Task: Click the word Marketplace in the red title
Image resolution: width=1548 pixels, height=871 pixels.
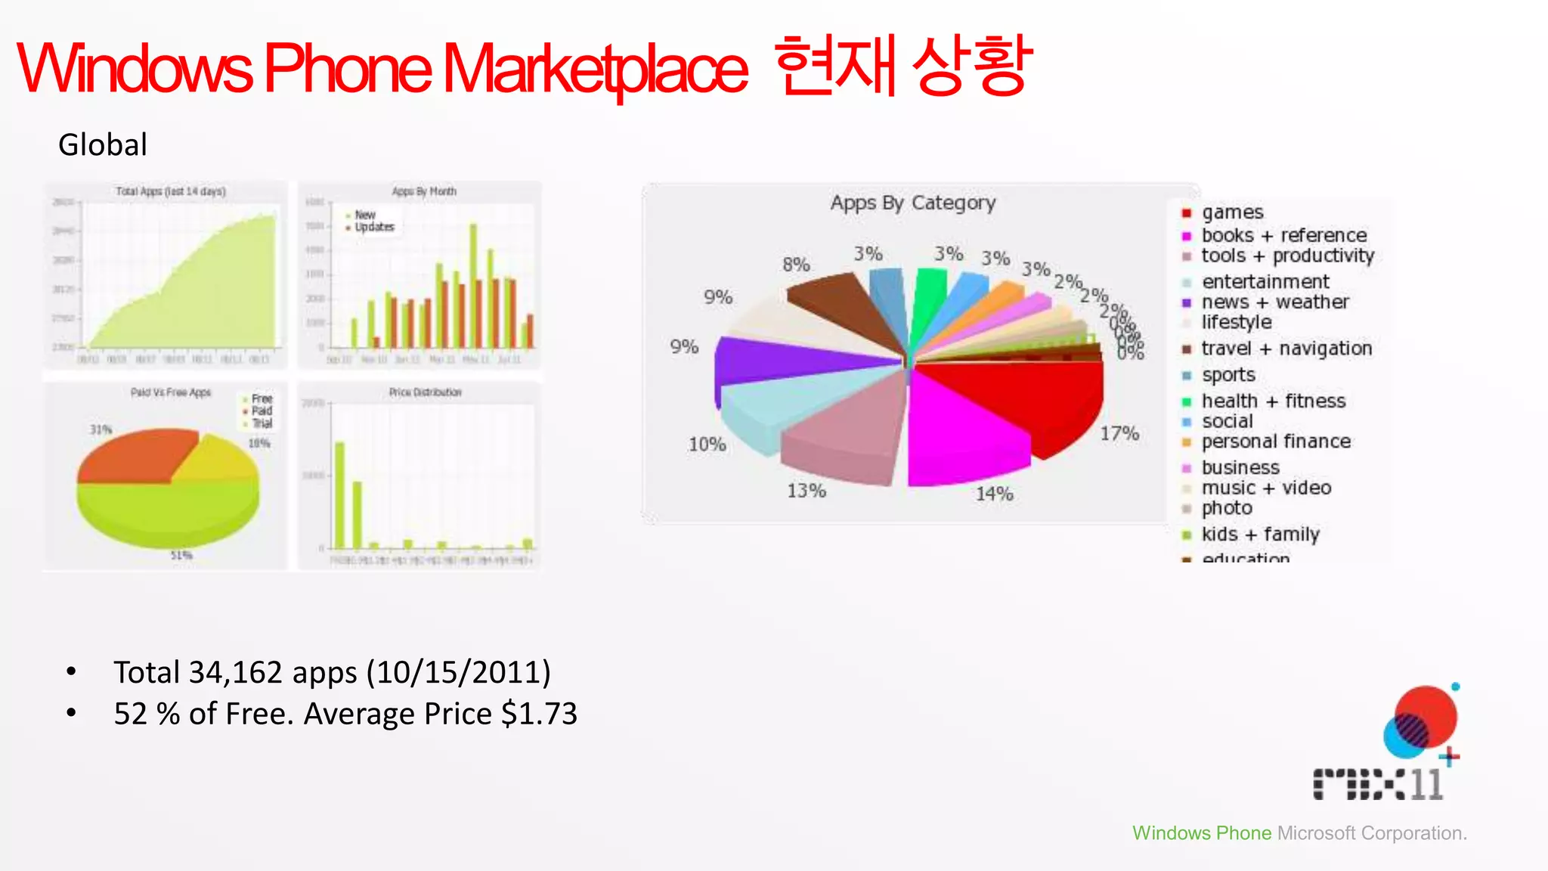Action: pos(595,70)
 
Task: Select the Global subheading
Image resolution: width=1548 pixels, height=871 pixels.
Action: pos(103,144)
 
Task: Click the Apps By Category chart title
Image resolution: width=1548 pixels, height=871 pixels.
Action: pos(912,203)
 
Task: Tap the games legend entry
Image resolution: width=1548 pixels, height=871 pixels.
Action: pos(1232,212)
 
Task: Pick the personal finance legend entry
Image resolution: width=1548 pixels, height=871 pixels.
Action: pos(1276,442)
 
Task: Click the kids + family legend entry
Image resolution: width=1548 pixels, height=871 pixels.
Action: pos(1260,535)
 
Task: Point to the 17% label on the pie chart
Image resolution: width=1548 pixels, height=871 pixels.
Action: pos(1119,433)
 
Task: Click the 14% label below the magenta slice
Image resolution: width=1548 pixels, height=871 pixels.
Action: pos(994,494)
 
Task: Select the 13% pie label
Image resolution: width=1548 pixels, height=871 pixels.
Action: pos(807,491)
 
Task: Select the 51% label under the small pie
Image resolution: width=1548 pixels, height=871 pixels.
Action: pos(181,555)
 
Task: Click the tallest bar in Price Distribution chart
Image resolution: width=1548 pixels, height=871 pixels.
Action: pos(339,495)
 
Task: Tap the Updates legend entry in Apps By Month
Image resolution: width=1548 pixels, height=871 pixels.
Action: pos(374,227)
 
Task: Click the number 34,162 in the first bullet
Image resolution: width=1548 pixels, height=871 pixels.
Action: pos(235,672)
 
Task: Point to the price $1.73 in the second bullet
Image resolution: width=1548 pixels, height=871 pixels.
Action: pos(539,714)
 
